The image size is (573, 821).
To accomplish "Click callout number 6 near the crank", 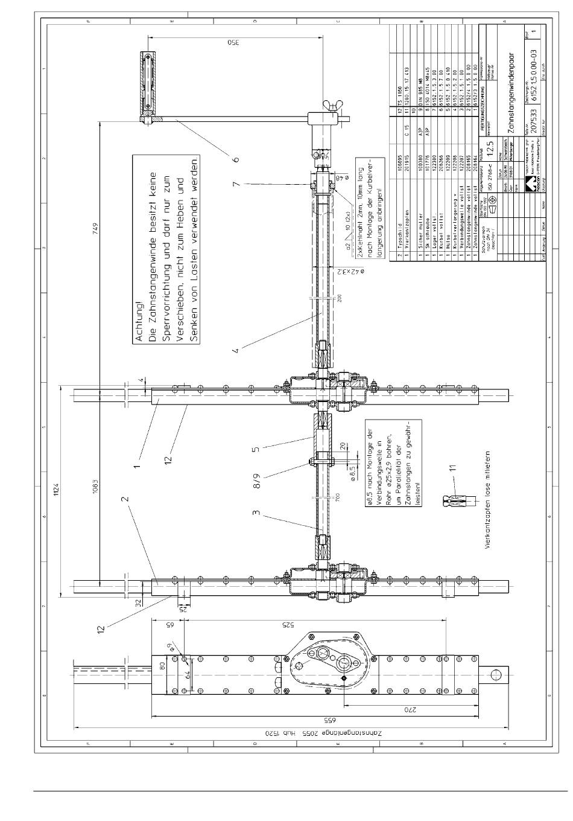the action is pyautogui.click(x=236, y=160).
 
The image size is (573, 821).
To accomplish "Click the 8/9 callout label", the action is pyautogui.click(x=257, y=479).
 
